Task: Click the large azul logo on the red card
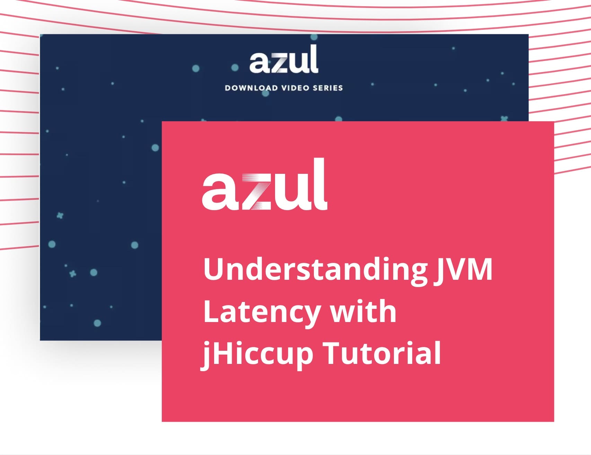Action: click(x=265, y=184)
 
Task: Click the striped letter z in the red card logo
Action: click(x=257, y=191)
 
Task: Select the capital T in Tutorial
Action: click(x=333, y=353)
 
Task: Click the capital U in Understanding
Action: click(x=215, y=269)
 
